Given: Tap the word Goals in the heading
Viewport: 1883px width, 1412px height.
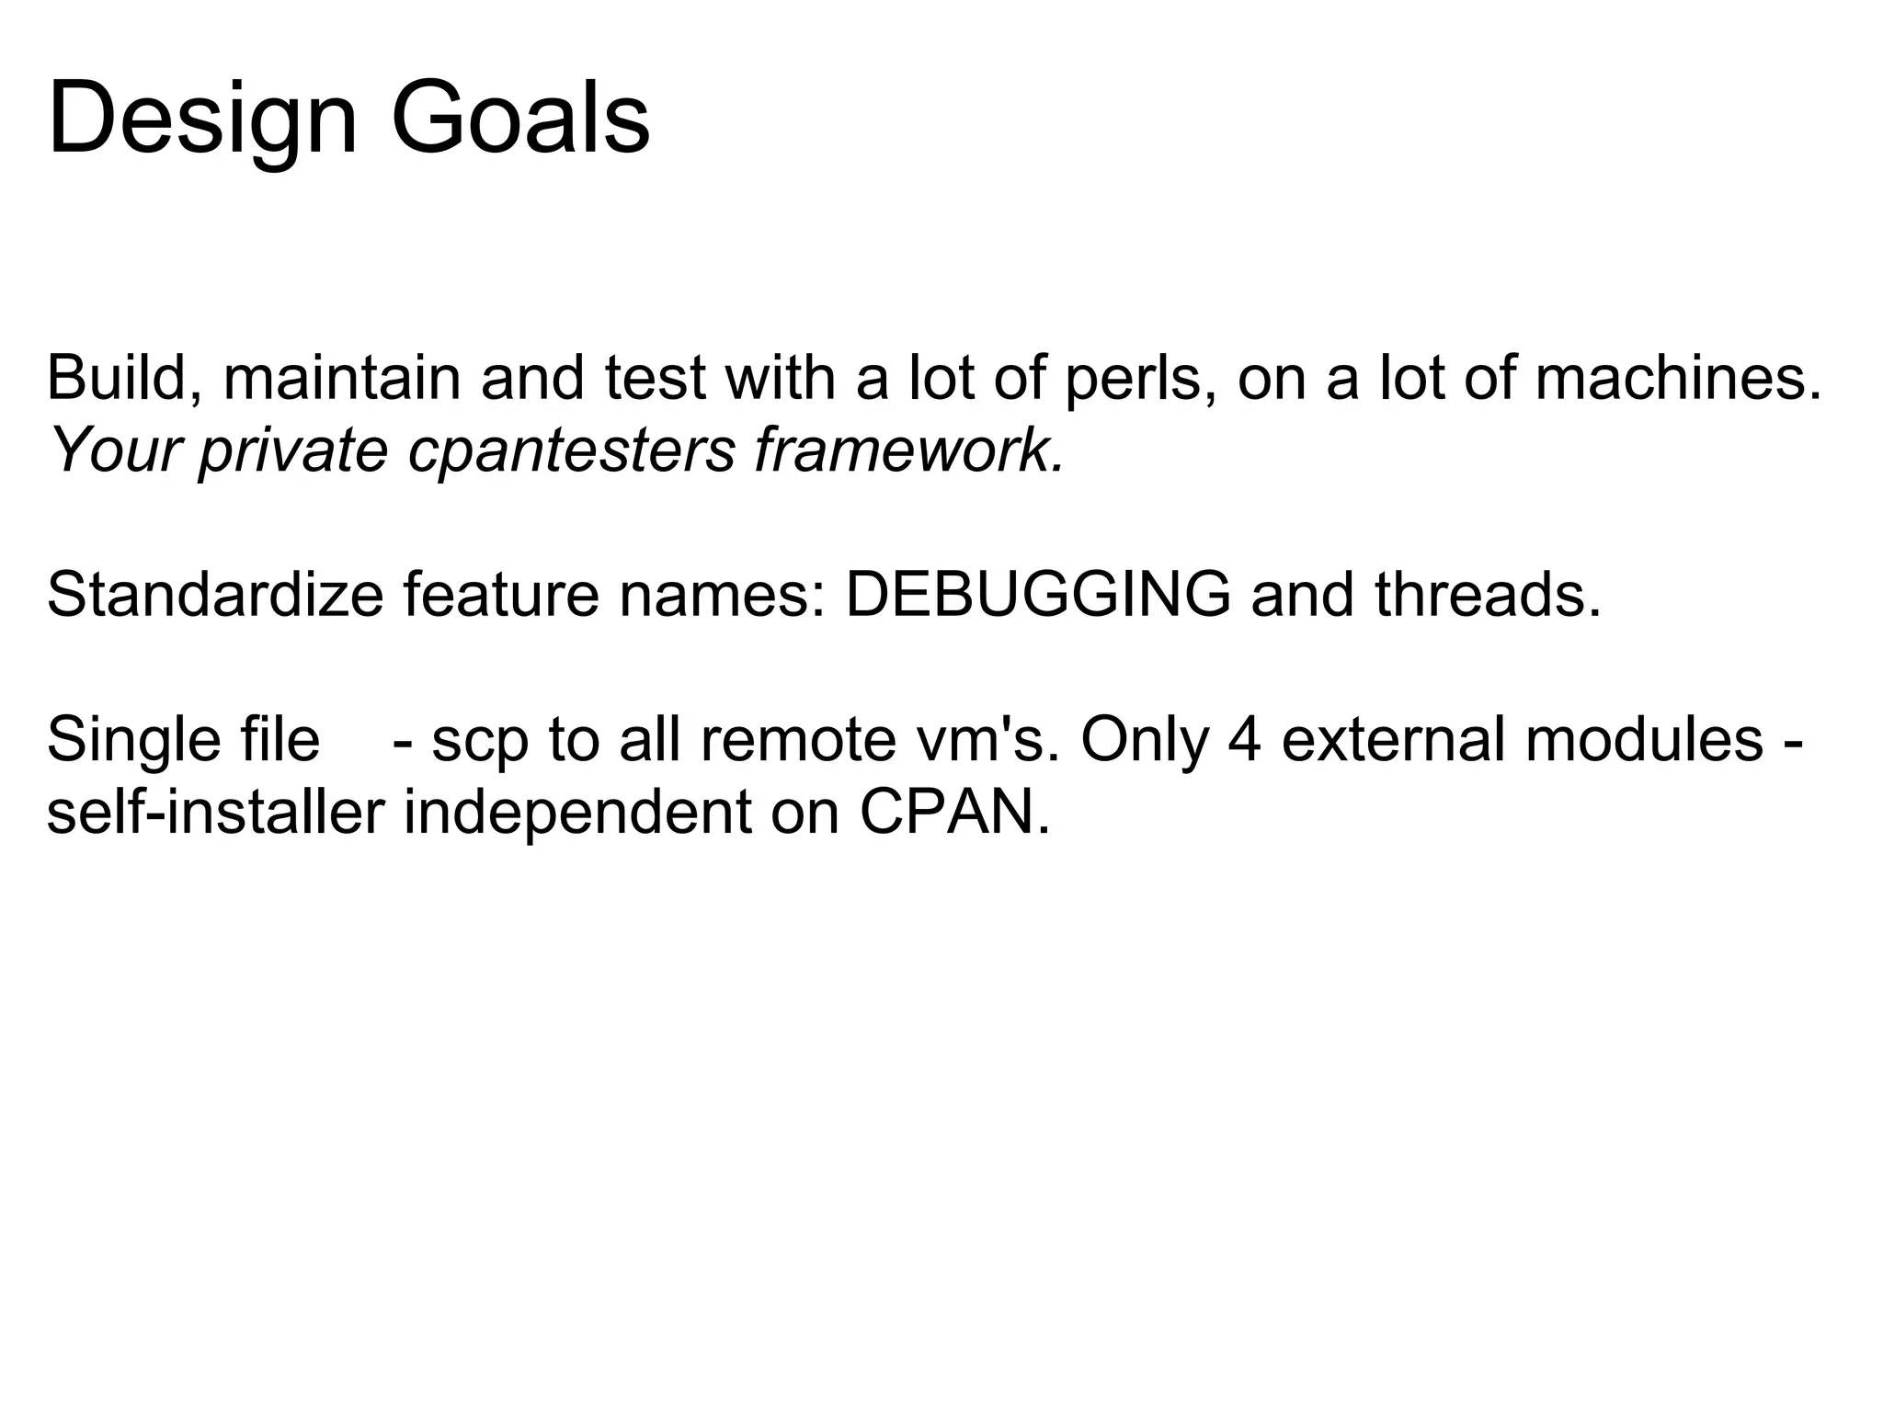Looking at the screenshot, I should click(520, 120).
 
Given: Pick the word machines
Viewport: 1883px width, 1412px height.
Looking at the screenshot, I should click(1678, 378).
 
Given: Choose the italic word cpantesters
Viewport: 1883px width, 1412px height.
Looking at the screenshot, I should click(571, 450).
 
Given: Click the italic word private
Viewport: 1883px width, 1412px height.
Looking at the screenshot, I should click(293, 450).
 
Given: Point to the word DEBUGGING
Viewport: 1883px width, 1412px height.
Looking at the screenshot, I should click(1038, 595).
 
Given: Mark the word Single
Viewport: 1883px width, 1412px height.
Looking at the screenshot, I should click(130, 740).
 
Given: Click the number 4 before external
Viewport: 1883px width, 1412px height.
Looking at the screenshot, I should click(1244, 740).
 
